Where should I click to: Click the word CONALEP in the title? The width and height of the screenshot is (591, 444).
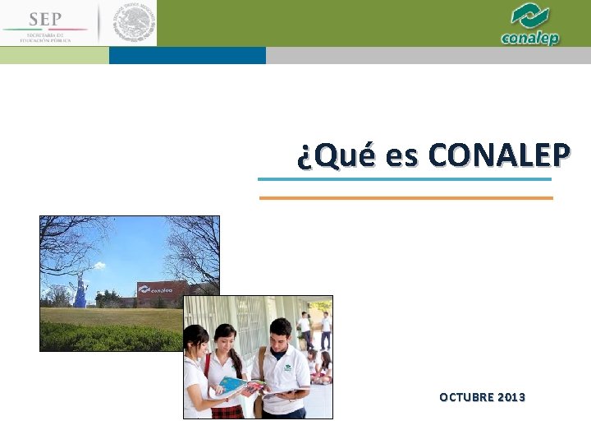pos(500,155)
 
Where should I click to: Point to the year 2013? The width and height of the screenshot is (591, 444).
pos(512,398)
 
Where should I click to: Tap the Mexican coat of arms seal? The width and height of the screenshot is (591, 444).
pos(133,23)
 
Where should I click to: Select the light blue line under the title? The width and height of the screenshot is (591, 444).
pos(405,179)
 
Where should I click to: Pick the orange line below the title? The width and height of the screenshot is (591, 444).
pos(405,198)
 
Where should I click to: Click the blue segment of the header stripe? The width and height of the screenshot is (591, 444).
pos(187,55)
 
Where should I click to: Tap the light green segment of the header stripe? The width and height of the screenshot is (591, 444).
pos(54,55)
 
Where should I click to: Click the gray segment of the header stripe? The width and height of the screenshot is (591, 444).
pos(428,55)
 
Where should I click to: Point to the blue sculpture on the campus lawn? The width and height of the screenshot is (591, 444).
pos(80,294)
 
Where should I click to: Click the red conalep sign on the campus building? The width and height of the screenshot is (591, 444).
pos(162,289)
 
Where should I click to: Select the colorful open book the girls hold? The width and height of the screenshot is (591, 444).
pos(239,385)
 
